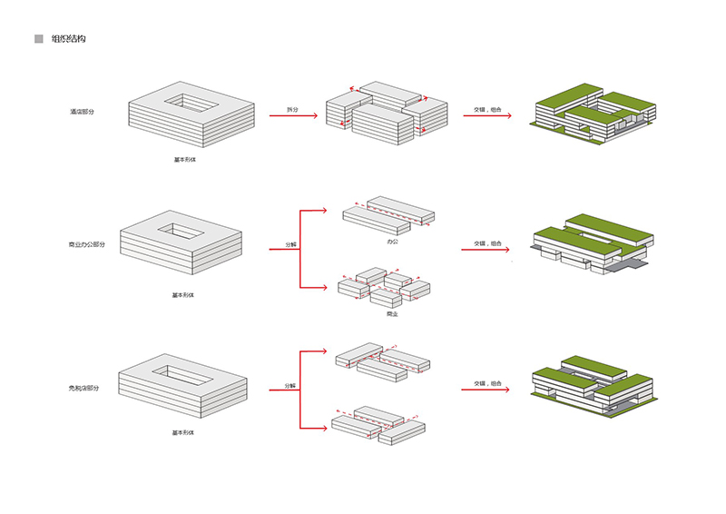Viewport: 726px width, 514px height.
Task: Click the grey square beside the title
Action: pyautogui.click(x=38, y=39)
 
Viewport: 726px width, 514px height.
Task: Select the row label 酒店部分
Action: pyautogui.click(x=82, y=112)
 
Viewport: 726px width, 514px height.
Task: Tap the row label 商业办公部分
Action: pyautogui.click(x=86, y=245)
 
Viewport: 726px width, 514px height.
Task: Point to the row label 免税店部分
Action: pyautogui.click(x=83, y=387)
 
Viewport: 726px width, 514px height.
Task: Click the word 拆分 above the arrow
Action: pyautogui.click(x=291, y=110)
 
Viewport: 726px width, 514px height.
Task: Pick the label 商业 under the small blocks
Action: pyautogui.click(x=392, y=314)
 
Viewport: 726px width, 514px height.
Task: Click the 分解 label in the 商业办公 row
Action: pyautogui.click(x=290, y=245)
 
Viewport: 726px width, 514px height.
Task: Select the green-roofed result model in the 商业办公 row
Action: pyautogui.click(x=590, y=242)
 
